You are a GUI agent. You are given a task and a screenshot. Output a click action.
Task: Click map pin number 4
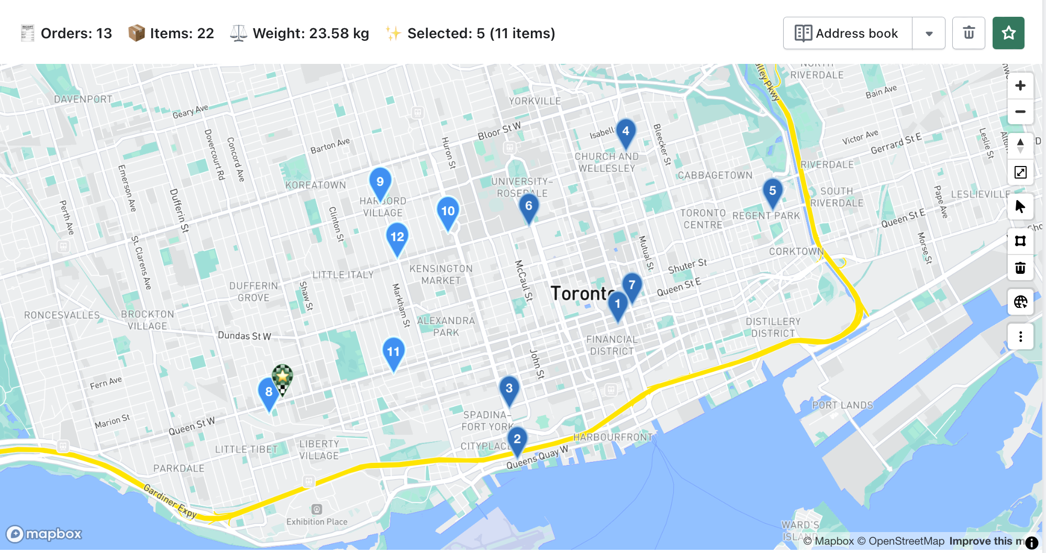coord(626,131)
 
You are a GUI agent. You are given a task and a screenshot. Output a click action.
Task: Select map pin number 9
coord(380,182)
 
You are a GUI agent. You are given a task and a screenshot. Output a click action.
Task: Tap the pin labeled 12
coord(397,237)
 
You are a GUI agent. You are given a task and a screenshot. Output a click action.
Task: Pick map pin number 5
coord(772,191)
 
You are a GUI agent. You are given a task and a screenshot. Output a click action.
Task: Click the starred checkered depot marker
coord(282,377)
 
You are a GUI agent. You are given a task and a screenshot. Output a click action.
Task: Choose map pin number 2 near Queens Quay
coord(517,439)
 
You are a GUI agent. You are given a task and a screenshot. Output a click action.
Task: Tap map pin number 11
coord(393,352)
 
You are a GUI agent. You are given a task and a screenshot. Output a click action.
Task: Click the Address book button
coord(848,34)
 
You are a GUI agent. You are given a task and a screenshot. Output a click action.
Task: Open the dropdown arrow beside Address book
coord(929,34)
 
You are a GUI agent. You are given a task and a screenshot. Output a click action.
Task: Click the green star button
coord(1008,34)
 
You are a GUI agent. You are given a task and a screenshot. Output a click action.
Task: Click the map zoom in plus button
coord(1020,86)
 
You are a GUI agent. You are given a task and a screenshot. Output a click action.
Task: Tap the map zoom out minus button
coord(1020,112)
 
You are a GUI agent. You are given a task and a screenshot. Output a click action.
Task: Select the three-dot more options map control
coord(1020,336)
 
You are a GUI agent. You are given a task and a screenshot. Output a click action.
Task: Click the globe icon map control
coord(1020,302)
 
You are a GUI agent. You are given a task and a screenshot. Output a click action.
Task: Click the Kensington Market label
coord(441,274)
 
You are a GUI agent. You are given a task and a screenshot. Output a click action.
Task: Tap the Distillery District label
coord(773,327)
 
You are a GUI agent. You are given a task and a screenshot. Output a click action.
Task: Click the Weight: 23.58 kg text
coord(310,34)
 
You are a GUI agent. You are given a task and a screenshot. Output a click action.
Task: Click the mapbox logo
coord(44,534)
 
